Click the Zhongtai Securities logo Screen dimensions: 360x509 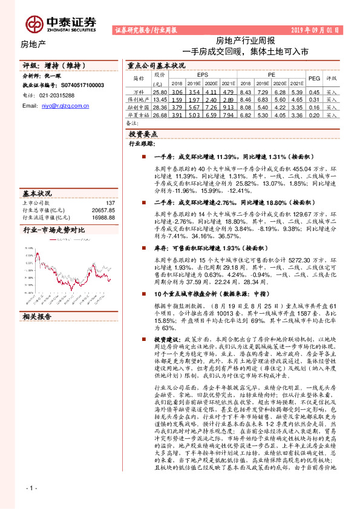[x=61, y=23]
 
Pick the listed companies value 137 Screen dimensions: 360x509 [x=110, y=203]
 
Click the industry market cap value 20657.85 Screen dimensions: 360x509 [x=102, y=210]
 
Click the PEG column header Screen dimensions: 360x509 [x=314, y=79]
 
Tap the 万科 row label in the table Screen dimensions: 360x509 [x=139, y=92]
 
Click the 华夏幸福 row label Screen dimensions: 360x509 [x=139, y=115]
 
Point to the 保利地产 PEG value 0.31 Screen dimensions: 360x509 [x=314, y=100]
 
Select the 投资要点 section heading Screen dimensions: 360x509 [x=143, y=134]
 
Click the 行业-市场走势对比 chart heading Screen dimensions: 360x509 [x=53, y=230]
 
